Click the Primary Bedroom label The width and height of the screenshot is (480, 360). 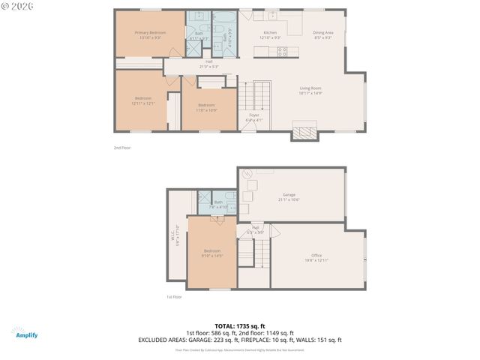[150, 34]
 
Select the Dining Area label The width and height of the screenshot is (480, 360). [323, 34]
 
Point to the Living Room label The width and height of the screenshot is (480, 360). [310, 91]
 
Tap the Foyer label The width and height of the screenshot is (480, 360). [254, 116]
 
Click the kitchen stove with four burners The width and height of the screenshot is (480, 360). [283, 51]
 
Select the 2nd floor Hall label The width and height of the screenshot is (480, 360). [208, 64]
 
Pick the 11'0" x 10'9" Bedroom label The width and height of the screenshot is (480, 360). [206, 106]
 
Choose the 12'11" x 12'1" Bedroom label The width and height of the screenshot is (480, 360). [142, 100]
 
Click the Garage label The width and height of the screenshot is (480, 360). [289, 197]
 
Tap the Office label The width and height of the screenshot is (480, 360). [316, 256]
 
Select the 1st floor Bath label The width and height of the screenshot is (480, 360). [218, 203]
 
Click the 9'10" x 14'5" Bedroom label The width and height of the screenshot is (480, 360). [212, 253]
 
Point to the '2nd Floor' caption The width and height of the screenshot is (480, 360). [121, 148]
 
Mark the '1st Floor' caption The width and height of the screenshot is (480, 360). [173, 296]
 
